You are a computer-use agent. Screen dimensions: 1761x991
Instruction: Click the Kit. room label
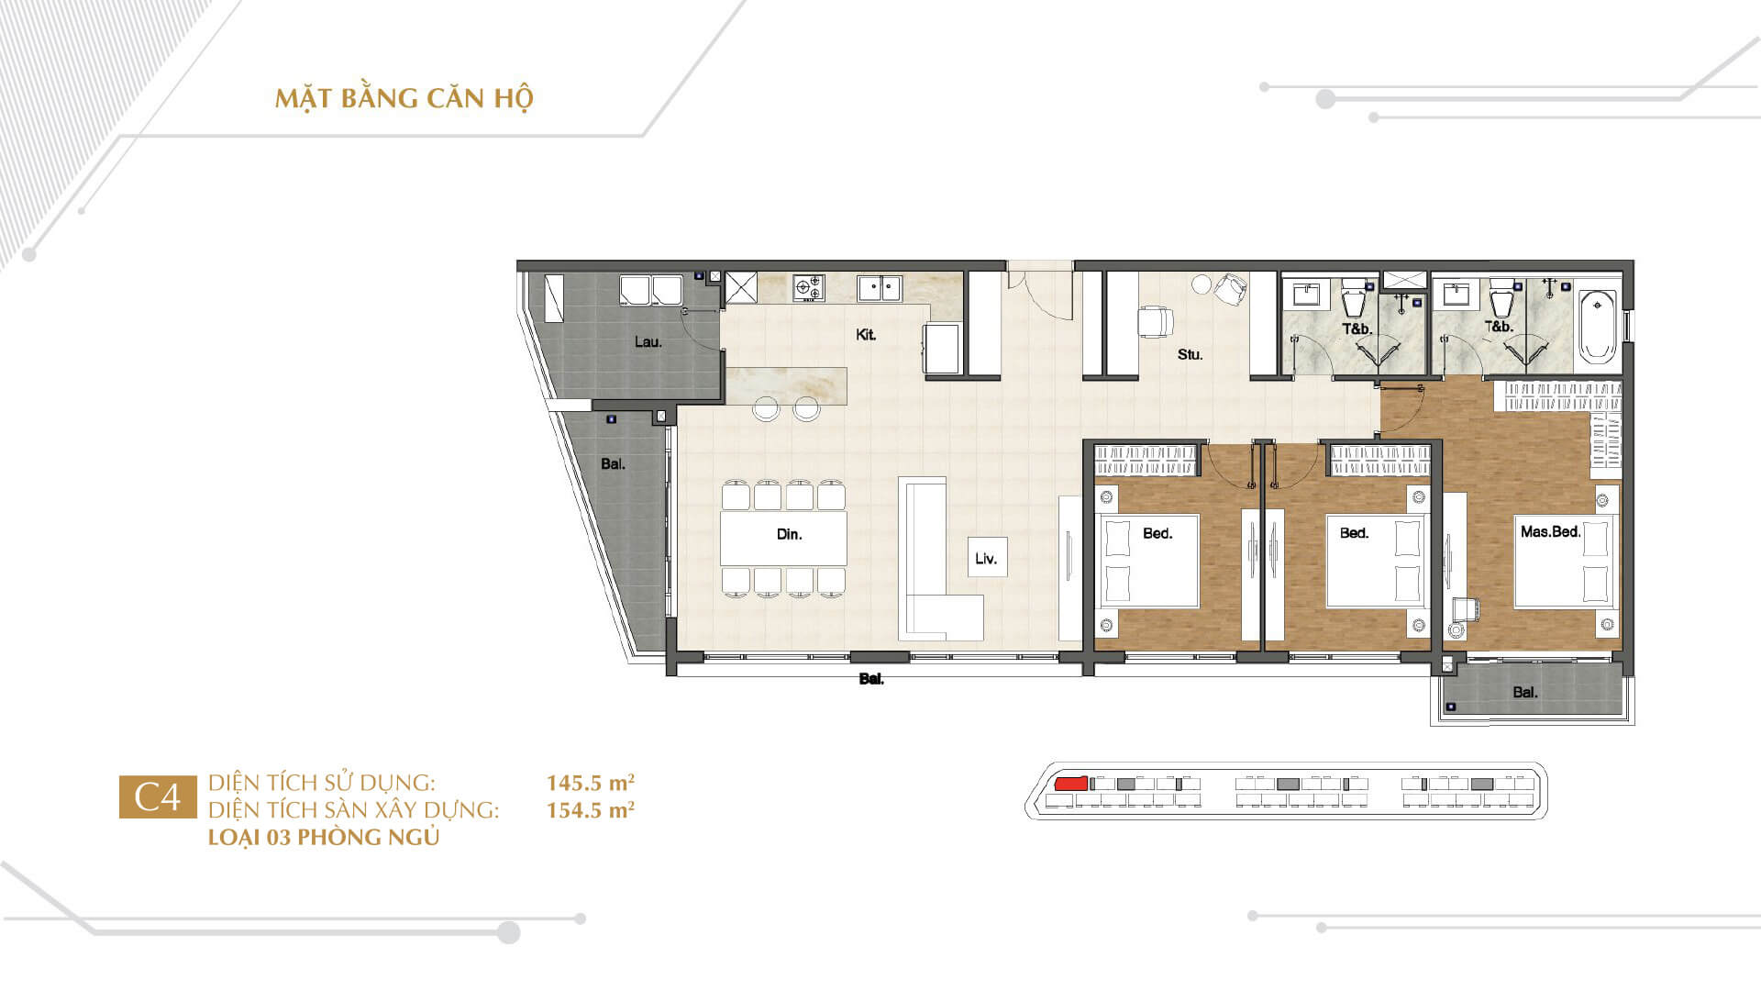(x=865, y=335)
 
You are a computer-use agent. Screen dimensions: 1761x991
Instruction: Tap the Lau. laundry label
(x=648, y=342)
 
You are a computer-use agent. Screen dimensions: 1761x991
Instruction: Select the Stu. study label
(x=1190, y=354)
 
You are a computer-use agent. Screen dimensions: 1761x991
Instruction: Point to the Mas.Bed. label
(x=1550, y=531)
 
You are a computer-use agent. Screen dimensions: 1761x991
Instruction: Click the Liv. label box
(x=987, y=557)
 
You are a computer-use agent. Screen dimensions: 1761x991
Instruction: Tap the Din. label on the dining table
(x=789, y=534)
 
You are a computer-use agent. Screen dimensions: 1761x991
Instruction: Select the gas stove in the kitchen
(x=808, y=288)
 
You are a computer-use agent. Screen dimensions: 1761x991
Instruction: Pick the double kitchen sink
(x=880, y=288)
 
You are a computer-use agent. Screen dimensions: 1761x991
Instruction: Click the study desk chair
(x=1156, y=321)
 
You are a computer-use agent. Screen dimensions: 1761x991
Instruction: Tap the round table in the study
(x=1202, y=284)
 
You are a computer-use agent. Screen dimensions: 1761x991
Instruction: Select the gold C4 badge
(x=158, y=797)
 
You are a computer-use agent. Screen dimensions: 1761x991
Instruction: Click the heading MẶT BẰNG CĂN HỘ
(x=404, y=98)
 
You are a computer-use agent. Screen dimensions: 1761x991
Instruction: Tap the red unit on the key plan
(x=1070, y=784)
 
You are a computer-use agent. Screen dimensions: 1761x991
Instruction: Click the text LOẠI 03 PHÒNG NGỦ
(x=324, y=838)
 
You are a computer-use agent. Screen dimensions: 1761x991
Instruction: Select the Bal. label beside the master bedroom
(x=1525, y=693)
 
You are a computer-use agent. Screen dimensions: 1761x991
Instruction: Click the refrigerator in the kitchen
(x=942, y=348)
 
